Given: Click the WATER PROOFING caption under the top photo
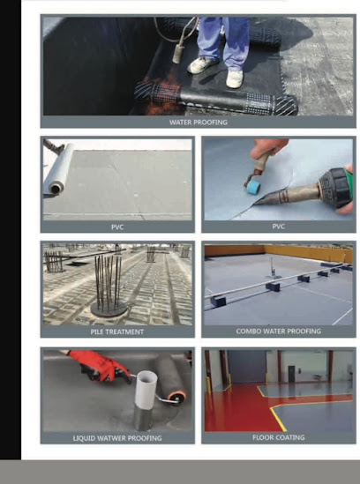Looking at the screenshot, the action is click(199, 123).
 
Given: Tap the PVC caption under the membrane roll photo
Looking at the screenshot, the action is click(117, 227).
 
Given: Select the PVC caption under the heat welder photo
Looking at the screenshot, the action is click(279, 227).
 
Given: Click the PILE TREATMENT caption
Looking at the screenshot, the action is click(117, 331).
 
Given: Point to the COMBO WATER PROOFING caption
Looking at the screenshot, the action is click(279, 331).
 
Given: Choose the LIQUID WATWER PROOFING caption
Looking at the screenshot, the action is click(117, 438).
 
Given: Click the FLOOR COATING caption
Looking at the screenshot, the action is click(279, 437).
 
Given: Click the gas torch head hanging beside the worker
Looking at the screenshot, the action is click(177, 54).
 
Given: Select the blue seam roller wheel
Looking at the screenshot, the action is click(253, 187).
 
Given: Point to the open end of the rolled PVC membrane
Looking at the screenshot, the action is click(56, 188).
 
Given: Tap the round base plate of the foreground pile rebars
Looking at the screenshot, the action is click(109, 309).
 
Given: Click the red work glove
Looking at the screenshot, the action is click(99, 364).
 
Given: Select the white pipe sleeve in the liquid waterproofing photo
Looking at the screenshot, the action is click(146, 391).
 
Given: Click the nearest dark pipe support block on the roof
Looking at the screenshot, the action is click(218, 302).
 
